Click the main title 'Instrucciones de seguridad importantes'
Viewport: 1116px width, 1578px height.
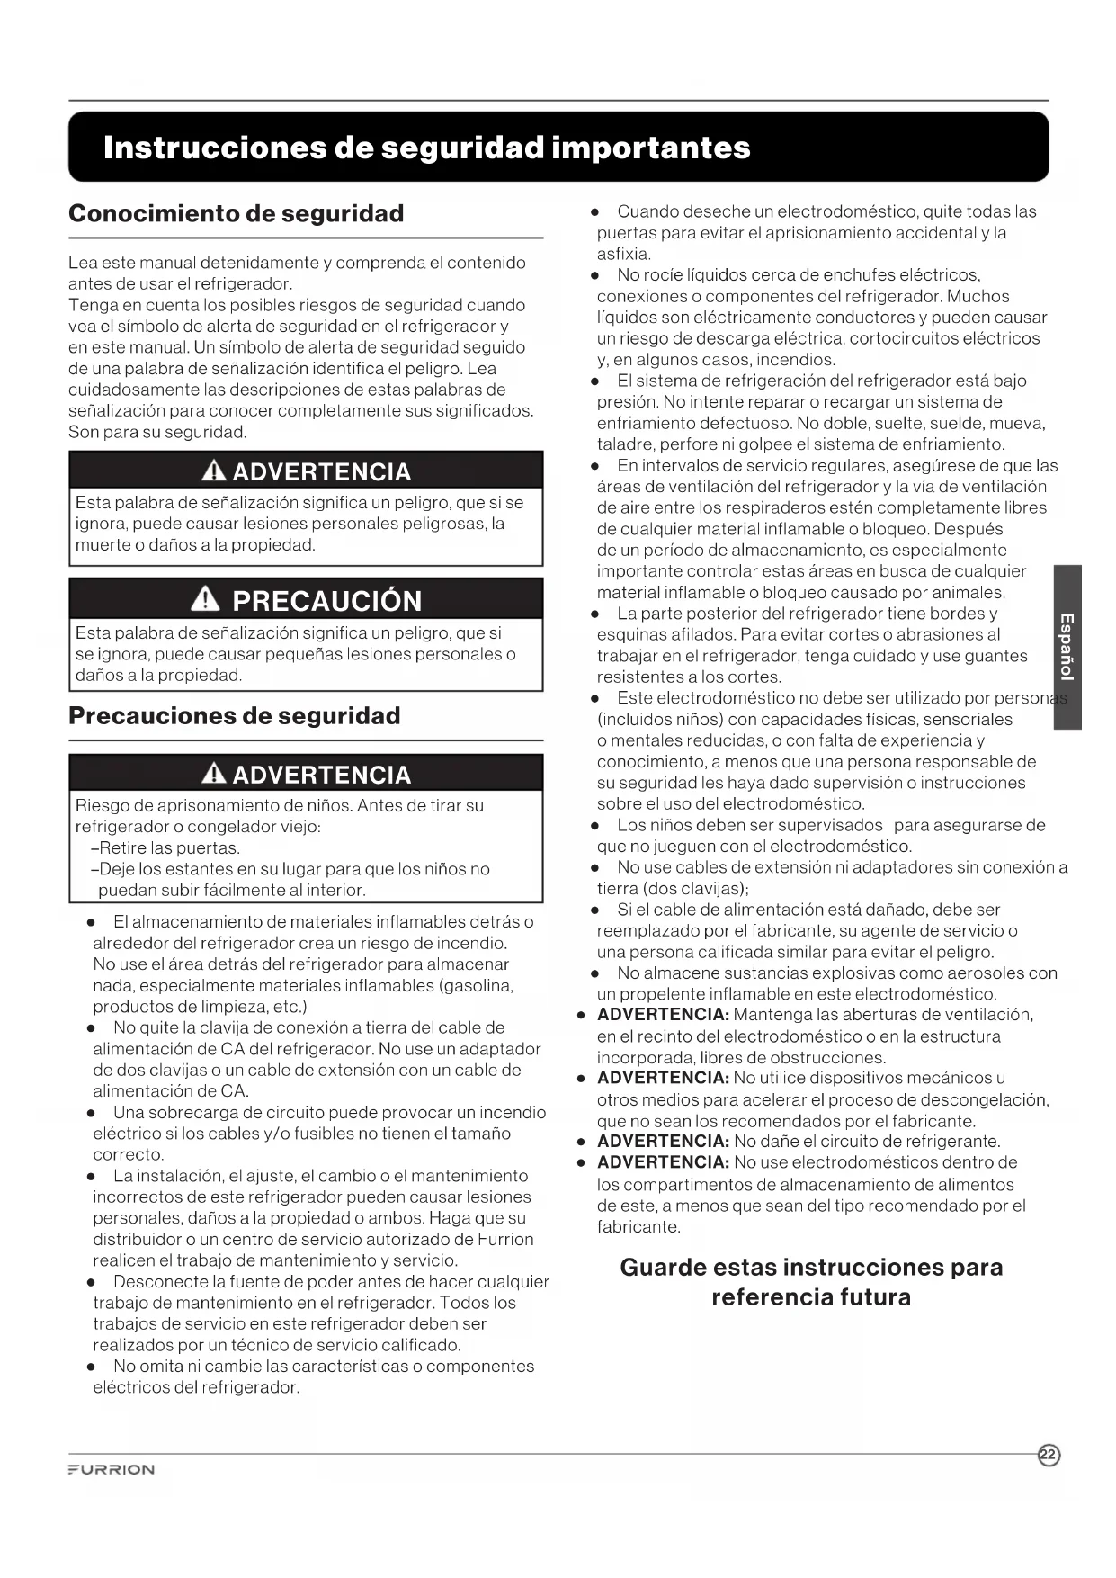tap(426, 148)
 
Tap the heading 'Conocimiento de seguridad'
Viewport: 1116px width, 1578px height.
tap(236, 214)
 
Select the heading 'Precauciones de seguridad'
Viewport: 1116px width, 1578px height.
tap(234, 716)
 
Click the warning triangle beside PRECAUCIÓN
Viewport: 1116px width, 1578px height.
tap(206, 599)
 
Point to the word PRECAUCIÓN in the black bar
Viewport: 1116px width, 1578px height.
tap(326, 601)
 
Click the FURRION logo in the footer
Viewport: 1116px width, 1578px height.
tap(112, 1469)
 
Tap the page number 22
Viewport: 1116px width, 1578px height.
tap(1049, 1455)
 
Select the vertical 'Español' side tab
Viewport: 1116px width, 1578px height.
tap(1067, 646)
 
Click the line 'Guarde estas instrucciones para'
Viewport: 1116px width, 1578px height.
tap(811, 1268)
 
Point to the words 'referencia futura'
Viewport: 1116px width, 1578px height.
tap(811, 1297)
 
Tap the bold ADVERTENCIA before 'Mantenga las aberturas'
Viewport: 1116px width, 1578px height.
tap(663, 1015)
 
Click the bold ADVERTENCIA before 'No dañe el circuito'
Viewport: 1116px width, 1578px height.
tap(663, 1142)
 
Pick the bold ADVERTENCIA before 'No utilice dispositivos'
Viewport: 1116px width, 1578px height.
tap(663, 1078)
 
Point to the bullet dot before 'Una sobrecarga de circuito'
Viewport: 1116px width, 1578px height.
tap(92, 1114)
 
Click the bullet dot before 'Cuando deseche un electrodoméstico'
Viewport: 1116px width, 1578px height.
tap(595, 212)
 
